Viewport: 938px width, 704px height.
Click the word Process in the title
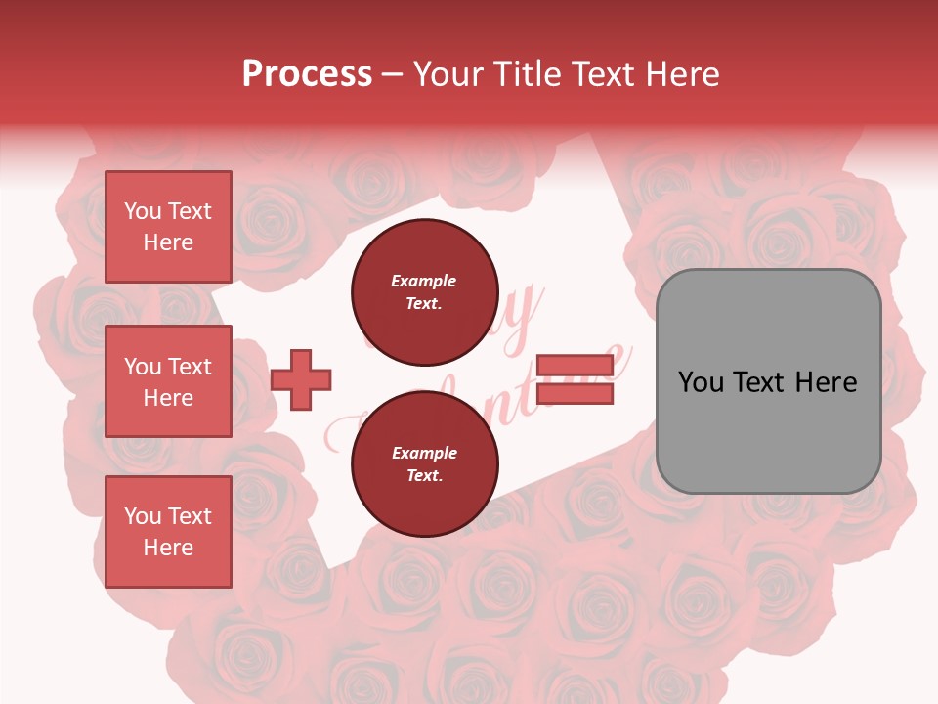[307, 74]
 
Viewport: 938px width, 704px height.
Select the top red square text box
[168, 227]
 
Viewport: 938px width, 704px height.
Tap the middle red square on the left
[168, 381]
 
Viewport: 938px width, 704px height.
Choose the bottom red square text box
[168, 532]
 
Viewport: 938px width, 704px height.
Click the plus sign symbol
[301, 379]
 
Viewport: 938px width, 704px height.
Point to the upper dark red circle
[424, 291]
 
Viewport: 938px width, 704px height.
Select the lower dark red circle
[424, 463]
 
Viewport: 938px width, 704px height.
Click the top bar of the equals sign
[575, 366]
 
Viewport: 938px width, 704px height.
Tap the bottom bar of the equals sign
[575, 393]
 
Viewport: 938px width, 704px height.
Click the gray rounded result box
[768, 381]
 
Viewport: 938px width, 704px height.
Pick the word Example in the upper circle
[424, 281]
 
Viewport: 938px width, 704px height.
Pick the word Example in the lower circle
[424, 453]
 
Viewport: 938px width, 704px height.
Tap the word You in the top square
[143, 211]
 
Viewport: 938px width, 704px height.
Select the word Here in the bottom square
[168, 548]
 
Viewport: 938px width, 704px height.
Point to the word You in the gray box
[702, 382]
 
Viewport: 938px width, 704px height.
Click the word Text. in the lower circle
[424, 476]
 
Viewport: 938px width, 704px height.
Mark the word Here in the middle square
[168, 398]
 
